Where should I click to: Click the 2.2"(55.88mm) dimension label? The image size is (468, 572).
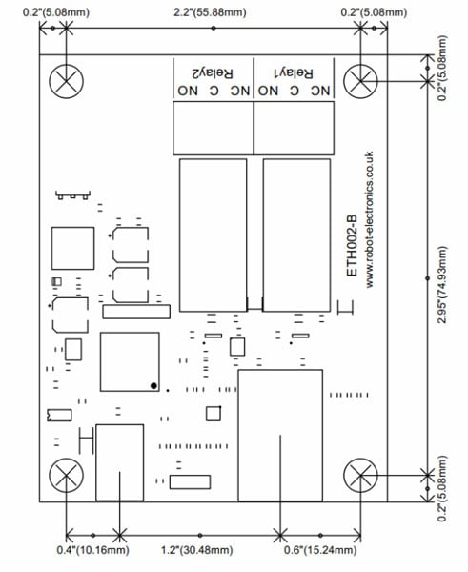[210, 12]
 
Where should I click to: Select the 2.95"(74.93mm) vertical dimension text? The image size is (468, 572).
[443, 285]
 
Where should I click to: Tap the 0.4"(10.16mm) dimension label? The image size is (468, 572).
[92, 550]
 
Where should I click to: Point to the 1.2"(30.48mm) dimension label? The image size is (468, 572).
[196, 550]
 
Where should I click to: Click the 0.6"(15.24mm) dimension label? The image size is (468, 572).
[320, 550]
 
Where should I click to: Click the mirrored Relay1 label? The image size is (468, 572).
[294, 73]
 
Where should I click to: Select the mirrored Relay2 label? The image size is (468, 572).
[213, 73]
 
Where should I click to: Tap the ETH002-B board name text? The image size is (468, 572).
[352, 246]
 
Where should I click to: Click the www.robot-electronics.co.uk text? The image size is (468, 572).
[369, 219]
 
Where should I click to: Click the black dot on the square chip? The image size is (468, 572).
[153, 385]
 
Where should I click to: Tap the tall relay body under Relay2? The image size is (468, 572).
[213, 235]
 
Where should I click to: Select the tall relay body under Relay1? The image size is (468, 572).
[296, 235]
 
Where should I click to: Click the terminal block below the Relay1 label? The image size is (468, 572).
[294, 128]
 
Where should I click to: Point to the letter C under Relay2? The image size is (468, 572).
[214, 91]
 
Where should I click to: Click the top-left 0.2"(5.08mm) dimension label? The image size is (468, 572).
[56, 12]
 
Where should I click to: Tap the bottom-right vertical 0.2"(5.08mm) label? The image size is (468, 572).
[443, 488]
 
